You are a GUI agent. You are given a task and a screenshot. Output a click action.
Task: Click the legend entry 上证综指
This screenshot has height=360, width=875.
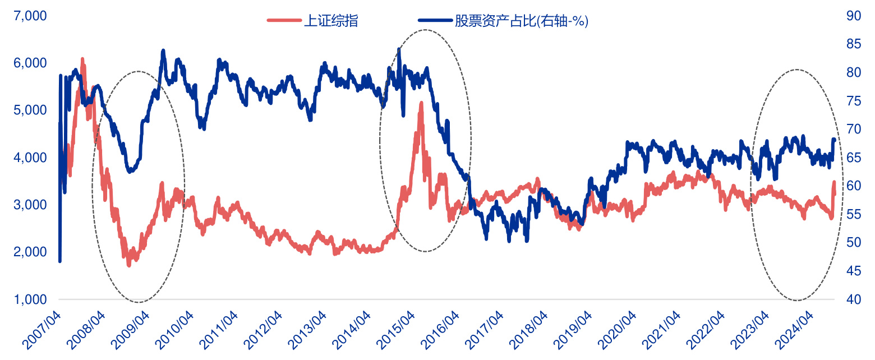330,21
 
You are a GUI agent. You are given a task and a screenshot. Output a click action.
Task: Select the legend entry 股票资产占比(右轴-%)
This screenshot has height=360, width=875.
521,21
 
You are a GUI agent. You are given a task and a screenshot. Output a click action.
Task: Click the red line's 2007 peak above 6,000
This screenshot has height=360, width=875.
82,59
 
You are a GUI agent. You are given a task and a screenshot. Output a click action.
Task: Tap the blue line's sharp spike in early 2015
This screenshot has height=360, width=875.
399,49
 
